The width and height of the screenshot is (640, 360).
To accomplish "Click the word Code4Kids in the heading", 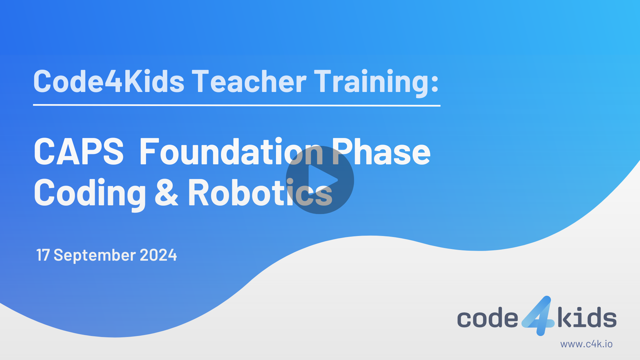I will pos(109,81).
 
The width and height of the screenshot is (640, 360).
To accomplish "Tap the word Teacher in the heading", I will pos(249,81).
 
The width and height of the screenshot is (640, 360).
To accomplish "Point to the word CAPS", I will pos(79,152).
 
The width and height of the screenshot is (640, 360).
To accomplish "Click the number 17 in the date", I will pos(43,255).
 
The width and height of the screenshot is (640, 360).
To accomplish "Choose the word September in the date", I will pos(95,255).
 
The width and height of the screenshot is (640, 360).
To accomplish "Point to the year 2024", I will pos(158,255).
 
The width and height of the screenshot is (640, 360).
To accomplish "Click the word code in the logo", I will pos(487,318).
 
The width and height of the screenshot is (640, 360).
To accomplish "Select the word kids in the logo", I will pos(587,317).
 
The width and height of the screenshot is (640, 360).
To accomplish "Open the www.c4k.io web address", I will pos(586,344).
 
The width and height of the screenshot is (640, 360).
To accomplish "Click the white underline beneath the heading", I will pos(237,105).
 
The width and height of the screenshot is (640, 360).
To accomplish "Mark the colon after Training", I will pos(435,83).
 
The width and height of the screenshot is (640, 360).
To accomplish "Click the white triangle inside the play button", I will pos(321,180).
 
